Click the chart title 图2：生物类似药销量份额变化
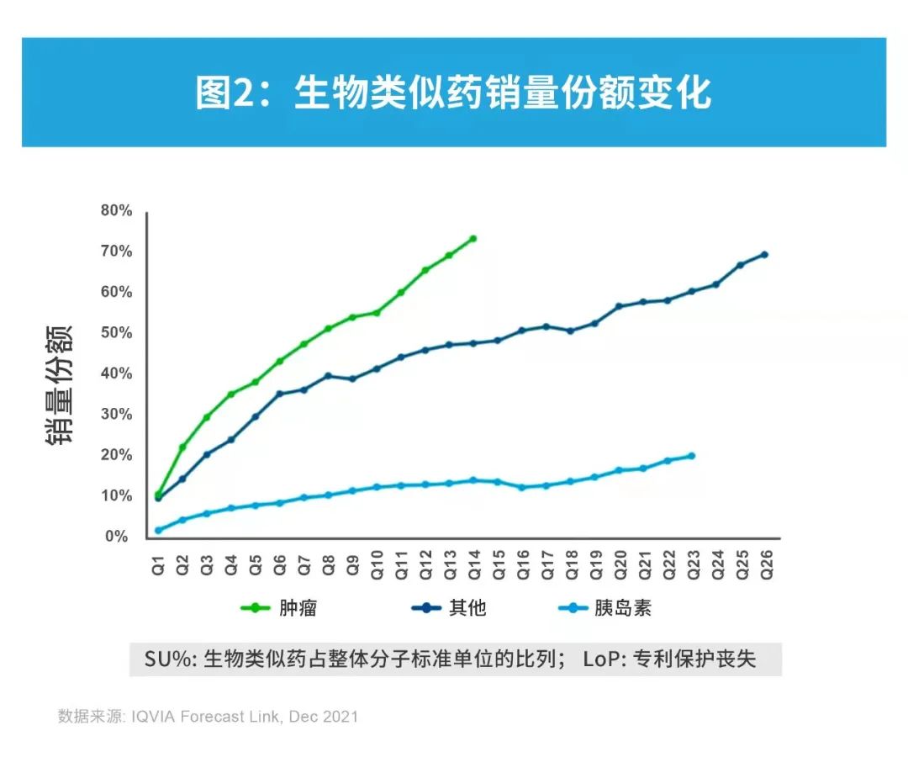(453, 93)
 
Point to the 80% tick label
(116, 210)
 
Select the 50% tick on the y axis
(116, 333)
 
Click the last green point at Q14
(473, 238)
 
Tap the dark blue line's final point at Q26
(765, 254)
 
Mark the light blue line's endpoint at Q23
(692, 456)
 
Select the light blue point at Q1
(158, 530)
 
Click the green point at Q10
(377, 312)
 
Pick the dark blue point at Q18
(571, 331)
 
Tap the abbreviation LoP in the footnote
(599, 659)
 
